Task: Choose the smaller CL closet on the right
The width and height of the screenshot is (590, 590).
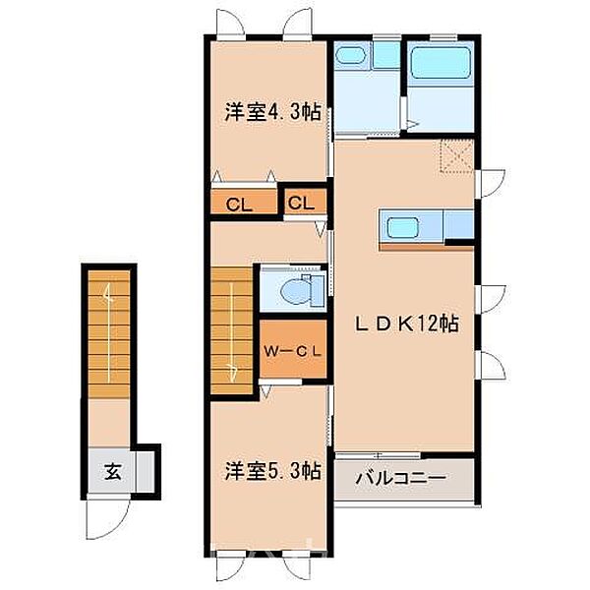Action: (x=302, y=204)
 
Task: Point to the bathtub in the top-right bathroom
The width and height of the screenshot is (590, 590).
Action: (x=441, y=65)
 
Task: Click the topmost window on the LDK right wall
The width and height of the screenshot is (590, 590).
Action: (x=486, y=179)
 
